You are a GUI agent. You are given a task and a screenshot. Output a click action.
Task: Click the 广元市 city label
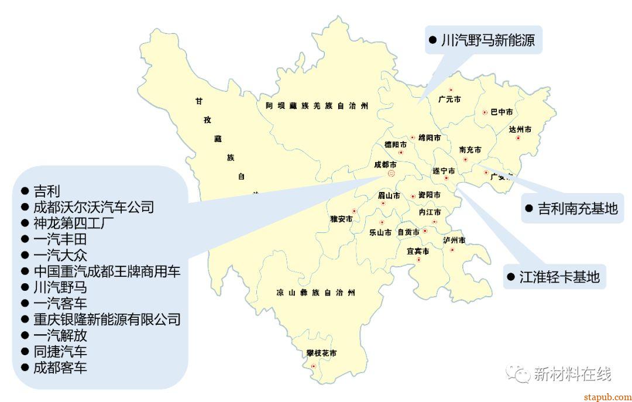coord(449,99)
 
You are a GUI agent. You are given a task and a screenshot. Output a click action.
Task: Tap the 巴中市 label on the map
coord(502,112)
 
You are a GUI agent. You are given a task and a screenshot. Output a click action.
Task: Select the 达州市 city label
coord(520,129)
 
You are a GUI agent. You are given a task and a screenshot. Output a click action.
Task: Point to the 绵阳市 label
coord(430,138)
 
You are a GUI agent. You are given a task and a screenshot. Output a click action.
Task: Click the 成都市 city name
coord(385,165)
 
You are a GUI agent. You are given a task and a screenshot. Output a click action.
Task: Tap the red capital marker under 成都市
coord(391,173)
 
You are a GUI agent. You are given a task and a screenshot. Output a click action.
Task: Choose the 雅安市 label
coord(341,219)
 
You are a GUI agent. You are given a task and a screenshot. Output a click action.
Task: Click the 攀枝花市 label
coord(321,353)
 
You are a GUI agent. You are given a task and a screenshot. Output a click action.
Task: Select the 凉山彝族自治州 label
coord(315,292)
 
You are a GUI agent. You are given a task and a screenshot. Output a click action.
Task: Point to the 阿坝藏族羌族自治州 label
coord(317,106)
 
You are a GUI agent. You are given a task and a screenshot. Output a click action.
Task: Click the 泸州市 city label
coord(454,240)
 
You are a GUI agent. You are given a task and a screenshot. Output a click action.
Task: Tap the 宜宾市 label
coord(418,251)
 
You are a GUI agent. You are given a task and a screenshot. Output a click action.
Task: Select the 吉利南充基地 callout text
coord(577,208)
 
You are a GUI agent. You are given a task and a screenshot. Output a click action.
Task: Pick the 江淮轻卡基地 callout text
coord(559,277)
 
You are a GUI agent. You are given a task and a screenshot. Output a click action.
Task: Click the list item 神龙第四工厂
coord(73,223)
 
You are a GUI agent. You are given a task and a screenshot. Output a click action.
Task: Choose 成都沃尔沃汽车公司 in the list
coord(93,207)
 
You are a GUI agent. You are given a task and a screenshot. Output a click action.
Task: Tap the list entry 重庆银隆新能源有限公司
coord(107,319)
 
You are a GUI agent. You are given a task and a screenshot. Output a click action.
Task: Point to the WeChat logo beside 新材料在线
coord(516,373)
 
